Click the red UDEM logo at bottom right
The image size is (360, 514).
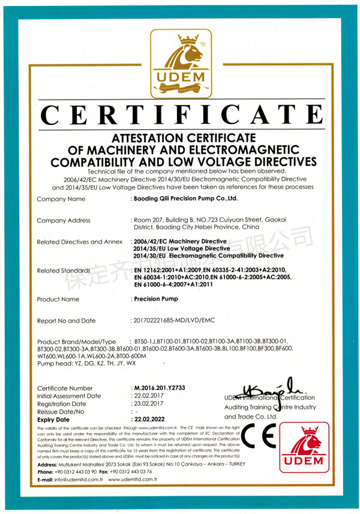[x=310, y=452]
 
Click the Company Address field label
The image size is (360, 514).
[x=64, y=220]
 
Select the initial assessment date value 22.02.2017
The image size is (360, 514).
[x=147, y=396]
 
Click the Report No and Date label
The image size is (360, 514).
[x=66, y=321]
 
